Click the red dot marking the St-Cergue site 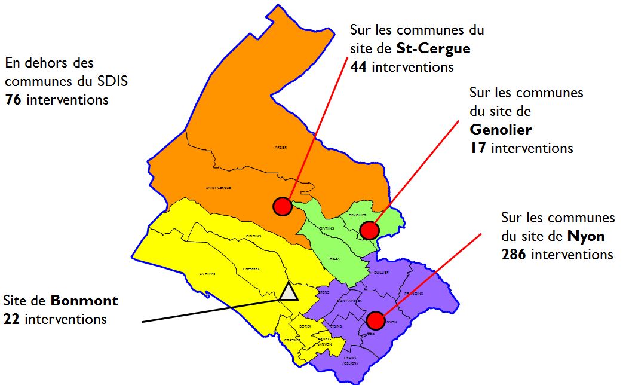pyautogui.click(x=282, y=206)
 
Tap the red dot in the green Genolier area pyautogui.click(x=369, y=230)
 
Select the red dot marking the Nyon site pyautogui.click(x=375, y=320)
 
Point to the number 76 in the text pyautogui.click(x=14, y=100)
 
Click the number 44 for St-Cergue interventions pyautogui.click(x=359, y=66)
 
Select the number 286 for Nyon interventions pyautogui.click(x=514, y=255)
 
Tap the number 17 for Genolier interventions pyautogui.click(x=478, y=148)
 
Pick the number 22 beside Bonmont pyautogui.click(x=11, y=319)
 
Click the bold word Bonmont pyautogui.click(x=84, y=301)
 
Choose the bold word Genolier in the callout pyautogui.click(x=501, y=129)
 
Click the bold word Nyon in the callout pyautogui.click(x=586, y=236)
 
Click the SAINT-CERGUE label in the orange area pyautogui.click(x=219, y=188)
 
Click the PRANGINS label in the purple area pyautogui.click(x=413, y=294)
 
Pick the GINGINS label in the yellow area pyautogui.click(x=254, y=236)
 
